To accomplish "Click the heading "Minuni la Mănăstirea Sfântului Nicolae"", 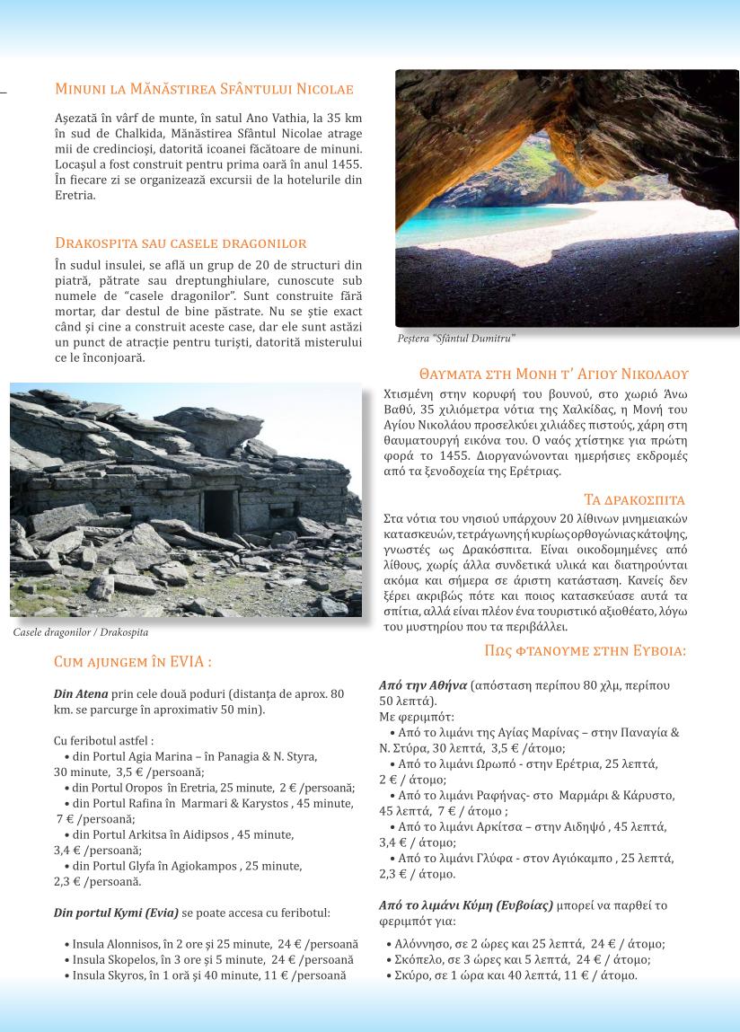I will [x=204, y=89].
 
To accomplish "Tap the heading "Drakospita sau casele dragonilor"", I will [x=181, y=243].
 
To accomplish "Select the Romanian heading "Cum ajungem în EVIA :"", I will [x=133, y=662].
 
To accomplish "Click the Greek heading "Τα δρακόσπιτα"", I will [x=635, y=499].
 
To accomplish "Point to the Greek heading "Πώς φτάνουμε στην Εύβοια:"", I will [x=585, y=649].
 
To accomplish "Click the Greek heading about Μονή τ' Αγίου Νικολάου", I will [x=553, y=374].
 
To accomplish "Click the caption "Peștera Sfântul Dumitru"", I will [x=456, y=339].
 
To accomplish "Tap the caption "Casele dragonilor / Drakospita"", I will [x=81, y=632].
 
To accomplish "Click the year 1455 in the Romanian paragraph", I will [x=346, y=163].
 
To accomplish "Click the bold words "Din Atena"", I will [x=81, y=694].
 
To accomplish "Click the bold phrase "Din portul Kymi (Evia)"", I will [x=117, y=913].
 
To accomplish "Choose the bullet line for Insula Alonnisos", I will [x=211, y=944].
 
